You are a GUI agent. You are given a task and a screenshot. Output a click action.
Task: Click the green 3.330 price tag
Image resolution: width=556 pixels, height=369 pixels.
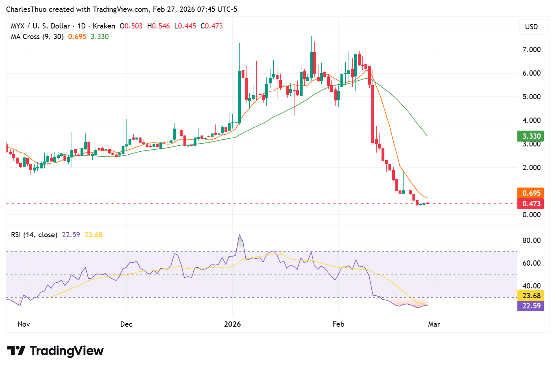(531, 136)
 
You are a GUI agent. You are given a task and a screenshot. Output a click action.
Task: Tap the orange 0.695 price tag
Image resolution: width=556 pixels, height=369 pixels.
(531, 193)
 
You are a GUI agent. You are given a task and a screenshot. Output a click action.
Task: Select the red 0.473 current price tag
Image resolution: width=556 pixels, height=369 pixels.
(531, 204)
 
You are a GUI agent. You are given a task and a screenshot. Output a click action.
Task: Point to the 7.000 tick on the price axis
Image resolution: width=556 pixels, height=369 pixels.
(531, 50)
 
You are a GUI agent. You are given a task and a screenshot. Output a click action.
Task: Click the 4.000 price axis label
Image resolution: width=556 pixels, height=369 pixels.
(531, 120)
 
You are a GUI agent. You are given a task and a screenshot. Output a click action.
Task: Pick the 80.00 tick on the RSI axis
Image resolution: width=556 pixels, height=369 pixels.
(531, 240)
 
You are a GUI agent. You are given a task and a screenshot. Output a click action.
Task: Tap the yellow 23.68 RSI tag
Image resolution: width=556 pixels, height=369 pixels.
(531, 296)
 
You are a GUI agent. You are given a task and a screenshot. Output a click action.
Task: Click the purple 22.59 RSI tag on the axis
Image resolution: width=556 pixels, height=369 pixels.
(531, 306)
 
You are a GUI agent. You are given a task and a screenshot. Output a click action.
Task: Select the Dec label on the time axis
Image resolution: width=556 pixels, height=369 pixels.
(126, 324)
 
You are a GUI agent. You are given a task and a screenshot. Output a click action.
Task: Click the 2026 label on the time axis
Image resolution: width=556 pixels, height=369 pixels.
(233, 324)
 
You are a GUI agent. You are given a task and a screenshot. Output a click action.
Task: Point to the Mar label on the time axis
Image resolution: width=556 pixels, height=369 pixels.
(434, 324)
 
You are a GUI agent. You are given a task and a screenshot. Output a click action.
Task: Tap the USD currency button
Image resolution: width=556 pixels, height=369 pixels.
(531, 27)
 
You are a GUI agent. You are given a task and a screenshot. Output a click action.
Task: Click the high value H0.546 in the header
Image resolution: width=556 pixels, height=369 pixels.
(159, 26)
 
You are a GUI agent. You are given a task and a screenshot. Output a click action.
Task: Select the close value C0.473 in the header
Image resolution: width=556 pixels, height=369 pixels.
(211, 26)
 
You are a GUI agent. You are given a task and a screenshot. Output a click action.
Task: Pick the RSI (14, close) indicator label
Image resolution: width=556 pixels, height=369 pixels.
(34, 235)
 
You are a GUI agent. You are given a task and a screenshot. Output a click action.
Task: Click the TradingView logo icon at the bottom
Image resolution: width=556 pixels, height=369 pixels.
(16, 351)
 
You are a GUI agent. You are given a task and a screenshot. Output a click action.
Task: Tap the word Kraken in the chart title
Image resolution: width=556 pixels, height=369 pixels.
(104, 26)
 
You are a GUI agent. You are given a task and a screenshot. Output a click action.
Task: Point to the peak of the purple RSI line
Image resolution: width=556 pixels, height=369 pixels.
(239, 235)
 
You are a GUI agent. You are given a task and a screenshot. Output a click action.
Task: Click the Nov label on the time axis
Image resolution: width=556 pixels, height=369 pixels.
(24, 324)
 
